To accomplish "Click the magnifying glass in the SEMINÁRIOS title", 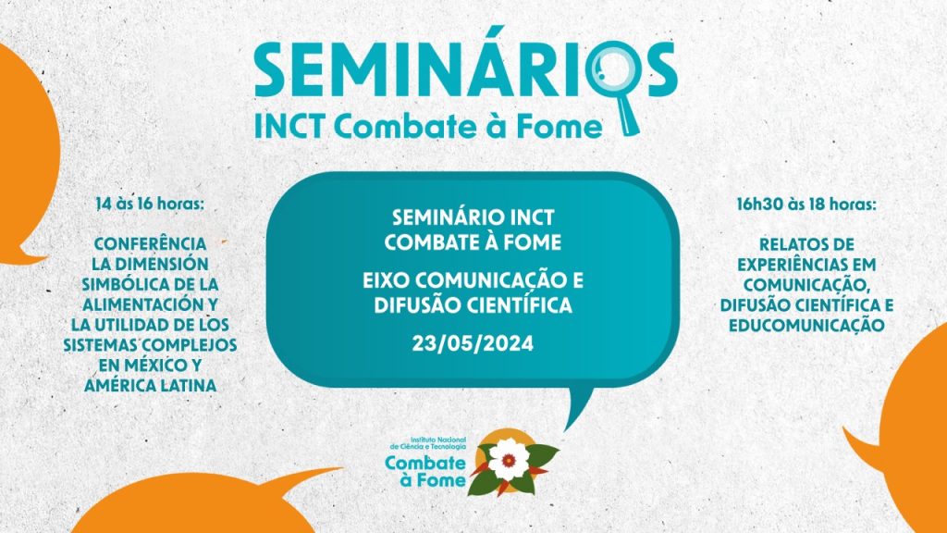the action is click(611, 79).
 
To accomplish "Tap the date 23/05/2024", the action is click(473, 344).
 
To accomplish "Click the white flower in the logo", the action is click(509, 460).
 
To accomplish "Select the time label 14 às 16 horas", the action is click(150, 204).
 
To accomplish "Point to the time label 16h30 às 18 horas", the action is click(806, 205).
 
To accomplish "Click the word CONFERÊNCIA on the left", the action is click(150, 243).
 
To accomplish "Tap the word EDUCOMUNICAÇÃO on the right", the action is click(806, 325).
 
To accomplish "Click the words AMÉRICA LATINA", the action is click(150, 386).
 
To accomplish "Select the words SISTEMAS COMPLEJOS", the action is click(150, 345).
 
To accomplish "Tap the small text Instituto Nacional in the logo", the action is click(437, 440).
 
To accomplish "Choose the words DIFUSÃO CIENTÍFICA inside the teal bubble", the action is click(473, 305).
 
